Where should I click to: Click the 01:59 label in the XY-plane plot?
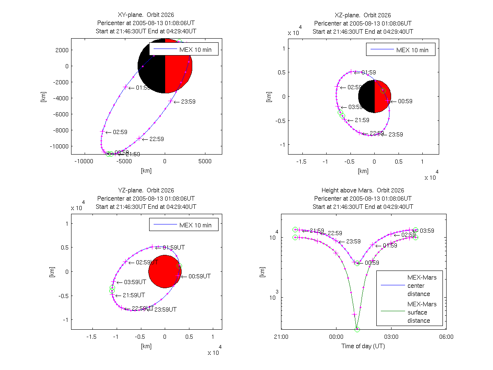tap(143, 88)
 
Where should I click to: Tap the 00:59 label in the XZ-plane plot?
tap(405, 101)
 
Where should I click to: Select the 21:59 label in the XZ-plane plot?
tap(362, 120)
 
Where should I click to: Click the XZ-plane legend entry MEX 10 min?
tap(412, 50)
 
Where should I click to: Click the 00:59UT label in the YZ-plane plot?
tap(199, 276)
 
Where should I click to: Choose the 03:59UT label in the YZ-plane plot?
tap(135, 282)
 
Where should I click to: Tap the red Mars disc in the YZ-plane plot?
tap(165, 271)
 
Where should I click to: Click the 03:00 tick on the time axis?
tap(391, 336)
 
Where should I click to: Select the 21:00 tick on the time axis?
tap(281, 336)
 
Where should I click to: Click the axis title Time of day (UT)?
tap(363, 346)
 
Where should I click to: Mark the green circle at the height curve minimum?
tap(357, 329)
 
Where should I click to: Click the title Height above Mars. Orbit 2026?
tap(363, 190)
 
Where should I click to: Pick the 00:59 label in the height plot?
tap(372, 263)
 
